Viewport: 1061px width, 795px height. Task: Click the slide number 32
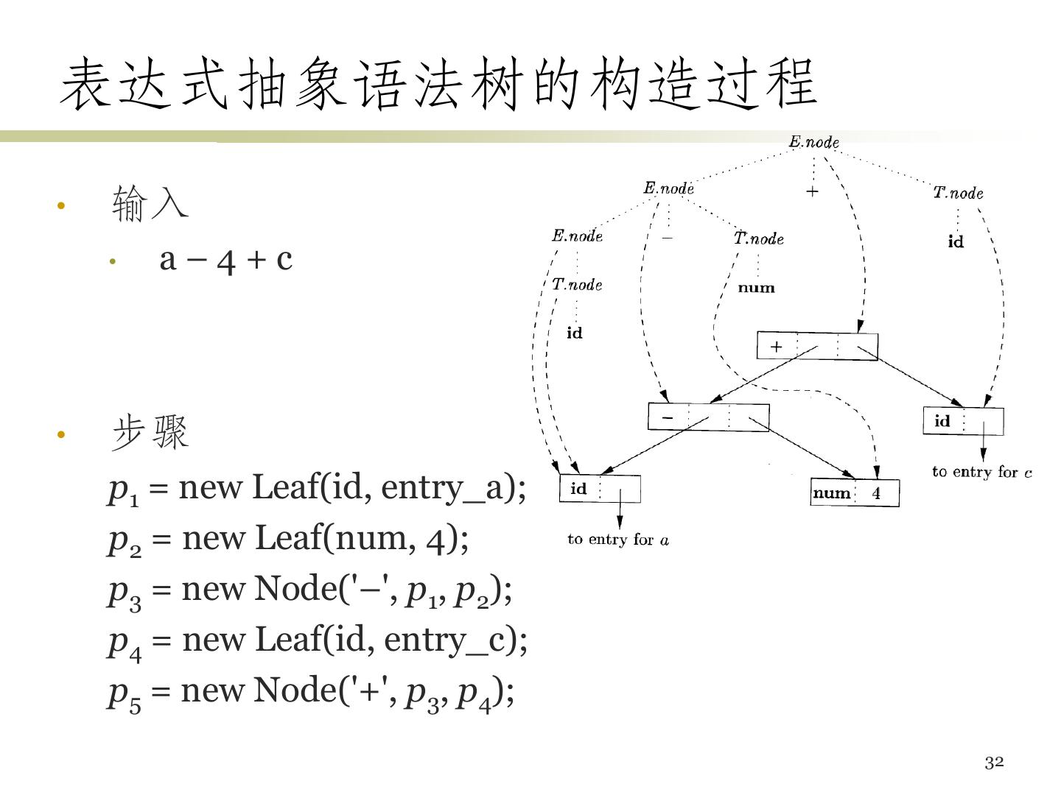(994, 763)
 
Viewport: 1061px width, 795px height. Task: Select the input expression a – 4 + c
(225, 259)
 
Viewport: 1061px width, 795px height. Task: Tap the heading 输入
(150, 204)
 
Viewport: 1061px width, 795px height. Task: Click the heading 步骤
(150, 433)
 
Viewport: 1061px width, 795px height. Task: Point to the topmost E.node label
(814, 142)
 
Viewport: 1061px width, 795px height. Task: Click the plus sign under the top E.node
(812, 191)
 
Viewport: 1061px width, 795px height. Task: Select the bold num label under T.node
(757, 288)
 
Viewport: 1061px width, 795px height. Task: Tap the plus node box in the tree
(817, 346)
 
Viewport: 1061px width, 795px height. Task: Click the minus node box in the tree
(708, 417)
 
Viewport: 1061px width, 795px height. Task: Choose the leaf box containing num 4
(855, 493)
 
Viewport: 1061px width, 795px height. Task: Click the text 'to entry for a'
(618, 540)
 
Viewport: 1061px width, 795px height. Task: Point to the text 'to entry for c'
(981, 472)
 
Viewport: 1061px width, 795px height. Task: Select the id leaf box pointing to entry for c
(963, 422)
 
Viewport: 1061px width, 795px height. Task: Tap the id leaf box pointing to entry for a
(600, 489)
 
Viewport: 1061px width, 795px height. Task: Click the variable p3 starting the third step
(125, 590)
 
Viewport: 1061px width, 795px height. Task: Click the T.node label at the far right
(958, 193)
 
